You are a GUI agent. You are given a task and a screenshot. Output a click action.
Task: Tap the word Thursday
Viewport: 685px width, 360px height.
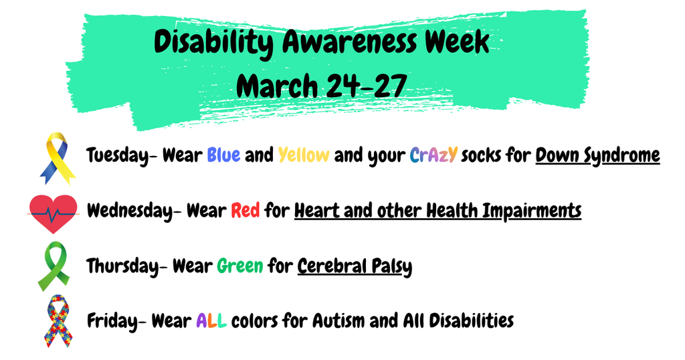121,266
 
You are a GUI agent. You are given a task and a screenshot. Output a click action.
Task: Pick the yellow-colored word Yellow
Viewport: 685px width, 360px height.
303,156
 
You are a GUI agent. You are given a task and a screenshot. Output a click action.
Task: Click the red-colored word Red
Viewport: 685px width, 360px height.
244,211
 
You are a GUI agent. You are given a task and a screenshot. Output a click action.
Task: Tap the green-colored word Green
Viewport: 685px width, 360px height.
239,266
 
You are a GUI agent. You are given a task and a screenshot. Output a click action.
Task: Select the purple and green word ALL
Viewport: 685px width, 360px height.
211,321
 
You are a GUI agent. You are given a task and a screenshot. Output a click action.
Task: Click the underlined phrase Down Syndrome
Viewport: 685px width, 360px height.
598,156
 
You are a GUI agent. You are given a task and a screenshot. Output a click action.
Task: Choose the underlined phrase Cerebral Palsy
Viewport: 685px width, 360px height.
355,266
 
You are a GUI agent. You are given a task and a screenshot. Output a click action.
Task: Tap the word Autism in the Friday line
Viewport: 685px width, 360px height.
340,321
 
